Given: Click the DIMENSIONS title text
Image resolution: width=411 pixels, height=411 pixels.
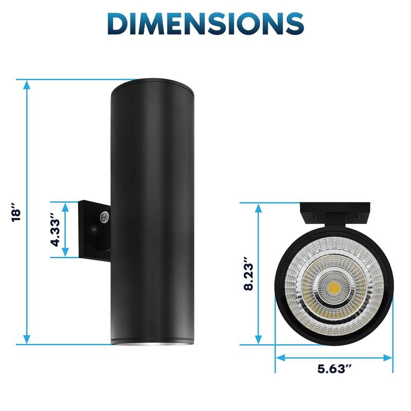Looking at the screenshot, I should click(206, 24).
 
